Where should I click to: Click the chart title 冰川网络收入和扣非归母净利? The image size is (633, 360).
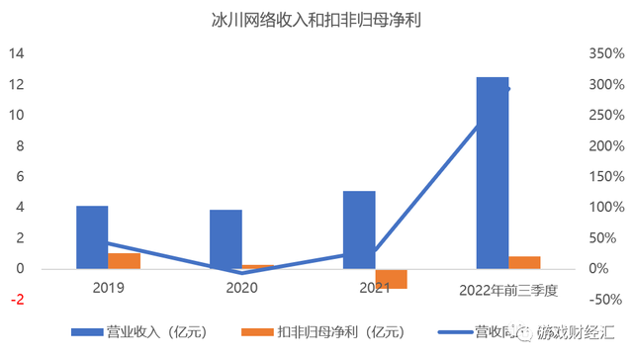tap(316, 20)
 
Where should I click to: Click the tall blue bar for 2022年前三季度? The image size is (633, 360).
tap(493, 173)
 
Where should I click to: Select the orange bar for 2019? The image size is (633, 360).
tap(124, 261)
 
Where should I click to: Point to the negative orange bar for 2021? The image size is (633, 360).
tap(391, 279)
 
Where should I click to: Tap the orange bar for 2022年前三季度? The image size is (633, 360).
tap(524, 263)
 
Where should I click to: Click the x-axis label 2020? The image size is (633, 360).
tap(241, 288)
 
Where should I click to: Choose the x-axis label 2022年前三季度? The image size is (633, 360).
tap(509, 290)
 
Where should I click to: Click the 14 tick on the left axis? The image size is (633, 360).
tap(17, 53)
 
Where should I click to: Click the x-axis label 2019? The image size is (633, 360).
tap(108, 288)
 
